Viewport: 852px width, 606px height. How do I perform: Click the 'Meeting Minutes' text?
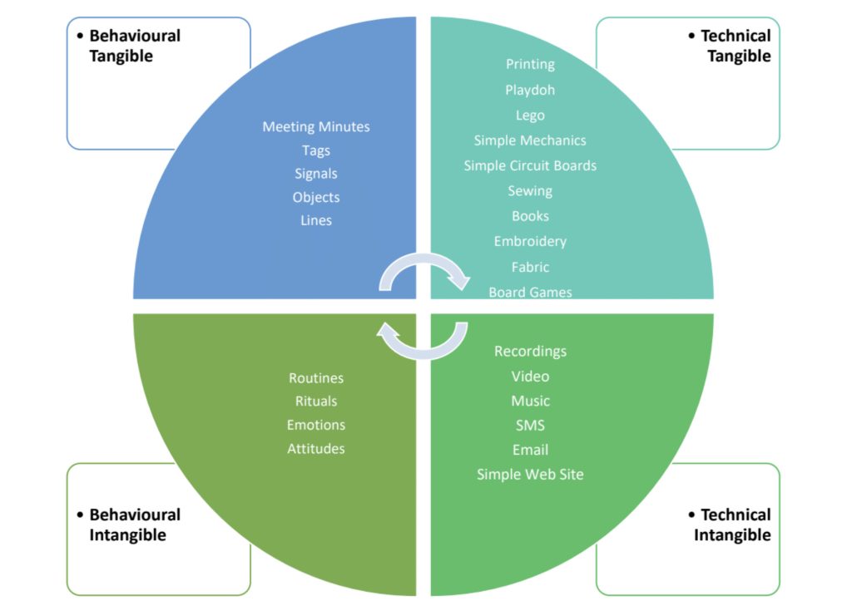316,127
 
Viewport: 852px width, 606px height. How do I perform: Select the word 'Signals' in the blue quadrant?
316,174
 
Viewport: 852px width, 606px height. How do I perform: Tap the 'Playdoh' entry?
530,90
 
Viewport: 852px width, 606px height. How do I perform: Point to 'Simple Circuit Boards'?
530,165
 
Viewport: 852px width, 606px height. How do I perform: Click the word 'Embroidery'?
530,241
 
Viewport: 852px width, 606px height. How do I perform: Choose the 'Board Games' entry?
530,292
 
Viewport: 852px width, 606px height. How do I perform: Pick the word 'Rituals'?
316,402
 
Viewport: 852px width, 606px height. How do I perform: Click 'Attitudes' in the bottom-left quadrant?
316,449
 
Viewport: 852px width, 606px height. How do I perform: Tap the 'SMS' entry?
530,426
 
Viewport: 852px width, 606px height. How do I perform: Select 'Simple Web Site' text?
530,475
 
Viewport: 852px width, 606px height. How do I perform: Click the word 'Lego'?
530,116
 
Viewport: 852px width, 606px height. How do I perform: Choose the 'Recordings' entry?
530,351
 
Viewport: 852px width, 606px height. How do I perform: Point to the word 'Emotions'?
316,425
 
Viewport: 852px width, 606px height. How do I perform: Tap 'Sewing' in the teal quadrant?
530,191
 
